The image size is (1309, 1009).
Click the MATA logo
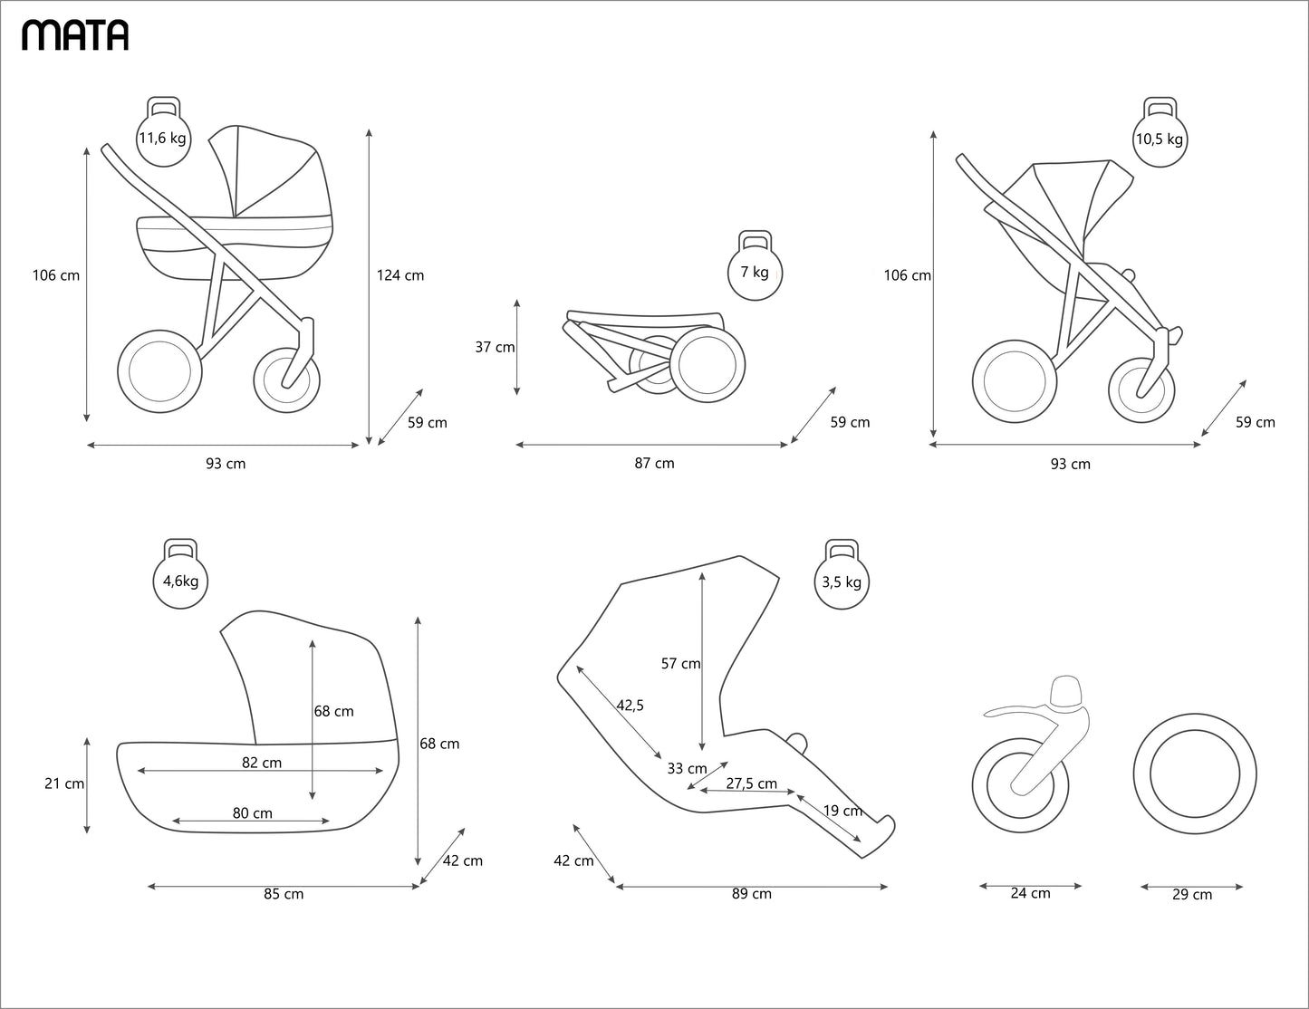point(75,34)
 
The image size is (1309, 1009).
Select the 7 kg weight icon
point(755,269)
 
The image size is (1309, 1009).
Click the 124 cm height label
point(400,275)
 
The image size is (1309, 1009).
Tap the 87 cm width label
point(654,464)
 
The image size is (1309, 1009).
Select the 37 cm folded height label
point(495,347)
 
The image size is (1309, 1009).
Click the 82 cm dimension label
point(262,763)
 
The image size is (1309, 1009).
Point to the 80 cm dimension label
point(253,813)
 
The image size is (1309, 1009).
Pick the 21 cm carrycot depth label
point(63,783)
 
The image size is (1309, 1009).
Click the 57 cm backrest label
point(680,664)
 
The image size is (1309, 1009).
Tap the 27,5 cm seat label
point(751,783)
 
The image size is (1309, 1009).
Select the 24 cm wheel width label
point(1031,893)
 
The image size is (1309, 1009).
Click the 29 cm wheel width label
point(1192,895)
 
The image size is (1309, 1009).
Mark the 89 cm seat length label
point(752,894)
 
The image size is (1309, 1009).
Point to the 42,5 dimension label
point(630,705)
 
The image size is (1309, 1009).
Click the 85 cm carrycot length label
point(284,894)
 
